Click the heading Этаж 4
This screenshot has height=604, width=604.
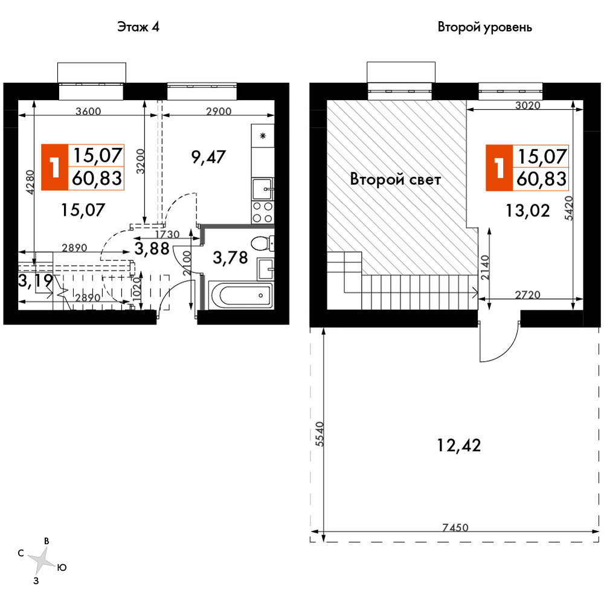tap(138, 27)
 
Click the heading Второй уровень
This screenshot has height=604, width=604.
tap(484, 27)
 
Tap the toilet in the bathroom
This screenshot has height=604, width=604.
tap(262, 243)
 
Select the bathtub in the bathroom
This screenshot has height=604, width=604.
tap(241, 295)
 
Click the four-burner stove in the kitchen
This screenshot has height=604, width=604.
tap(262, 212)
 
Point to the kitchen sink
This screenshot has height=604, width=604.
tap(262, 188)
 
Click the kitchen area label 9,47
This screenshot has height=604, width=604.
tap(208, 157)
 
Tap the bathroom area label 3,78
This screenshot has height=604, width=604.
tap(230, 258)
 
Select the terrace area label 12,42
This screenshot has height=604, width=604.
tap(459, 445)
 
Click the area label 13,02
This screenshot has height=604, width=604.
tap(527, 211)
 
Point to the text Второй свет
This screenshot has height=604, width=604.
tap(395, 179)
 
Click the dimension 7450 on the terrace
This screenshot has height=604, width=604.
tap(455, 527)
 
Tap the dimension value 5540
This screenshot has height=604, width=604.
tap(320, 434)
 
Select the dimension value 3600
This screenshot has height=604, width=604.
tap(88, 111)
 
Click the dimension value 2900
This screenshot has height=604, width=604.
tap(219, 111)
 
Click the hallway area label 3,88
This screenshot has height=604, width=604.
tap(152, 248)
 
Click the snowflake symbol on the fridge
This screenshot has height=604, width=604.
tap(263, 135)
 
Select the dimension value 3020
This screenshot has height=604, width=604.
tap(528, 105)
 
